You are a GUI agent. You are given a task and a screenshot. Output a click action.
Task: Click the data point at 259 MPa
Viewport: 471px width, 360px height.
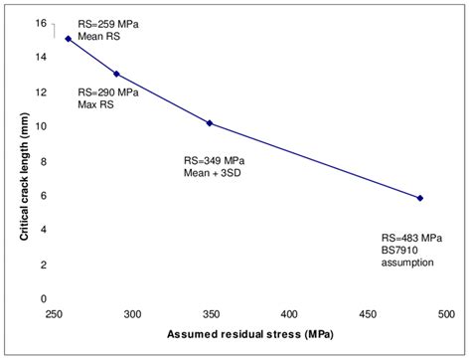[68, 39]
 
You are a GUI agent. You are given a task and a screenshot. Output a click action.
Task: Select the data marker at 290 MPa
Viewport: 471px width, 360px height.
[117, 74]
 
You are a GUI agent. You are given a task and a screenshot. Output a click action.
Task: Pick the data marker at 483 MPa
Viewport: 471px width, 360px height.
[420, 198]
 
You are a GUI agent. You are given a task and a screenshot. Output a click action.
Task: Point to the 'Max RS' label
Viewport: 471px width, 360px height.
[97, 104]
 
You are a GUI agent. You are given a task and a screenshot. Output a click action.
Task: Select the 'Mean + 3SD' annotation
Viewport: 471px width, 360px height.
[212, 171]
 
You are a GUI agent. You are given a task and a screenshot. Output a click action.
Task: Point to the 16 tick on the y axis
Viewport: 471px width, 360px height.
[40, 22]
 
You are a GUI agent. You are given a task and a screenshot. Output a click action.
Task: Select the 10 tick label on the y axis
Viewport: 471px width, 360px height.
[40, 126]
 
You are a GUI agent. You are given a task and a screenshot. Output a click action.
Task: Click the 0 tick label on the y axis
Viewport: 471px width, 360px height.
[43, 298]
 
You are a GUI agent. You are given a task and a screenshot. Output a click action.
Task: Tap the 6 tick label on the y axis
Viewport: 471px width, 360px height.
[43, 195]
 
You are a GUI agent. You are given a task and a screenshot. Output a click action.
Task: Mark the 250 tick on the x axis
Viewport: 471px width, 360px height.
[54, 312]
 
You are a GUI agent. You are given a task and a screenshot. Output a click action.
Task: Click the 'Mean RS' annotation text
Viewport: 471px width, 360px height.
[99, 36]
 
